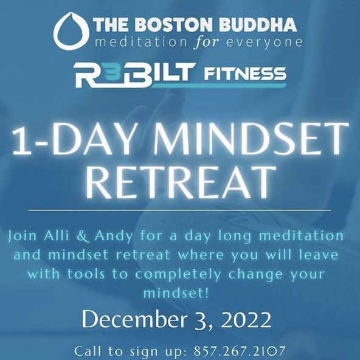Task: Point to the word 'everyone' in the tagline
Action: (264, 43)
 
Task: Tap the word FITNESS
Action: (245, 74)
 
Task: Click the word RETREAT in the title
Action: (181, 183)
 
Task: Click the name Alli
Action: (56, 236)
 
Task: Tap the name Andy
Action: (114, 237)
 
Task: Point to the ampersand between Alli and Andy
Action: (82, 236)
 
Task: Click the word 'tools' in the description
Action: (86, 274)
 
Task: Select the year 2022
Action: (246, 320)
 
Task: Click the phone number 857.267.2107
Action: (240, 351)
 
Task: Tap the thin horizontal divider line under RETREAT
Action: (179, 210)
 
